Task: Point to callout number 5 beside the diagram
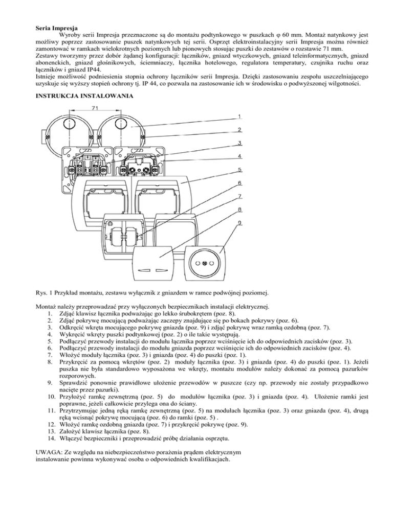pos(239,169)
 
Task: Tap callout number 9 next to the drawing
pos(239,223)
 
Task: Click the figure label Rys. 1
pos(45,293)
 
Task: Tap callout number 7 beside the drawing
pos(239,196)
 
